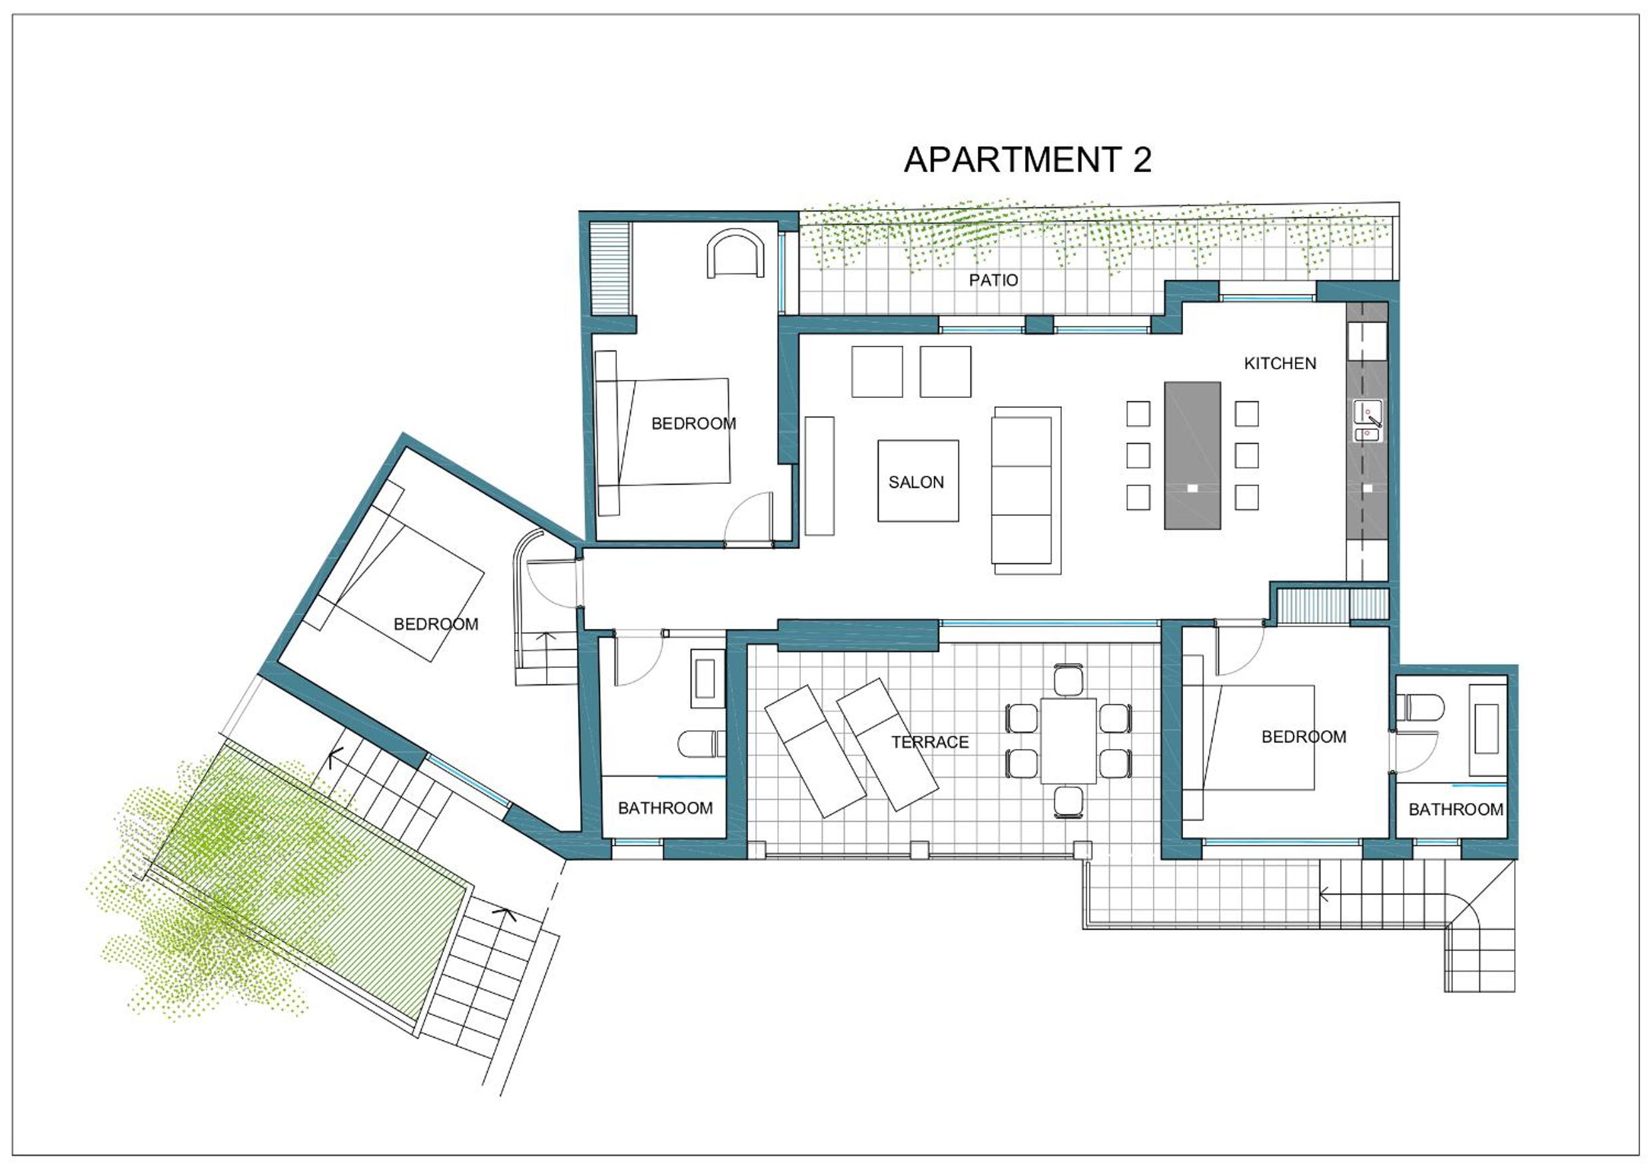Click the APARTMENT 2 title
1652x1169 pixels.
pyautogui.click(x=1027, y=160)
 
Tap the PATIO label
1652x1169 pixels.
pyautogui.click(x=993, y=280)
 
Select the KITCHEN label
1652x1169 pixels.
pyautogui.click(x=1280, y=363)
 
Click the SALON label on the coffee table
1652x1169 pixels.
pyautogui.click(x=916, y=483)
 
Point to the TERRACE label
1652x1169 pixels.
pyautogui.click(x=930, y=742)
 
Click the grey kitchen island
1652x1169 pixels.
pyautogui.click(x=1192, y=456)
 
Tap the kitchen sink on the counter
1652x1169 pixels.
pyautogui.click(x=1367, y=421)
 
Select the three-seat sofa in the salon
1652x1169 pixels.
pyautogui.click(x=1026, y=491)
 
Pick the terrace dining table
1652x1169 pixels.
pyautogui.click(x=1068, y=740)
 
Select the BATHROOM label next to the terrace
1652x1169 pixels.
pyautogui.click(x=665, y=808)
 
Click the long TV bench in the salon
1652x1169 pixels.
pyautogui.click(x=819, y=476)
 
